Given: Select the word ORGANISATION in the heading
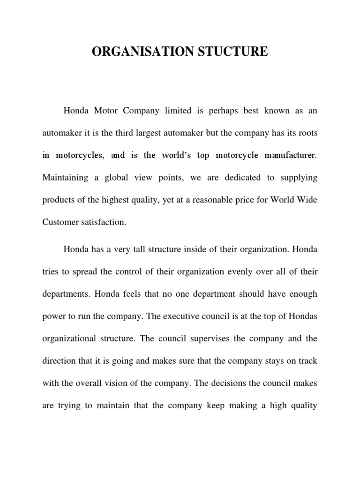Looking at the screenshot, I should [x=139, y=52].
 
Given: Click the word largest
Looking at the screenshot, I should [x=156, y=133].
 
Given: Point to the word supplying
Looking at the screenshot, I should [x=298, y=178].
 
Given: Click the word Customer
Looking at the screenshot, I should [x=60, y=222].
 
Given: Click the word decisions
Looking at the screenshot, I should [x=230, y=383].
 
